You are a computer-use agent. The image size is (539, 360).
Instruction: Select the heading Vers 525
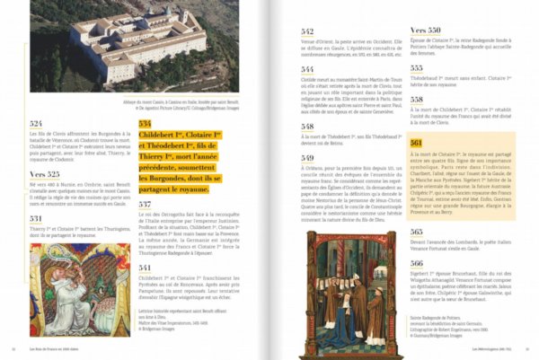point(43,173)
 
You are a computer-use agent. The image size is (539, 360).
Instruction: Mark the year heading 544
point(307,69)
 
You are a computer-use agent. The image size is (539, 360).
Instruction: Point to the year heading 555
point(417,67)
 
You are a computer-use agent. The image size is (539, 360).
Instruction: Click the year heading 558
point(417,100)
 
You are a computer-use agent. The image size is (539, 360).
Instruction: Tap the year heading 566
point(417,263)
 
